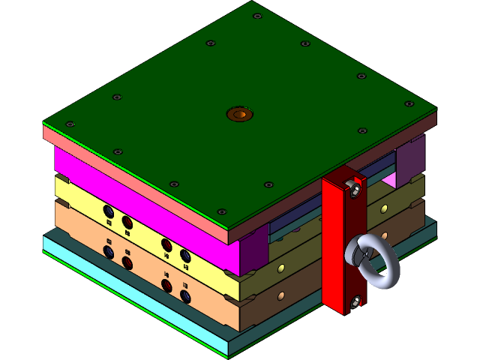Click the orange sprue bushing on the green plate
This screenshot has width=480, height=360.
(240, 114)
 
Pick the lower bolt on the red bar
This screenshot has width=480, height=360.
(355, 301)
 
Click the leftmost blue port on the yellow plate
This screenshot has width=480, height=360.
(109, 211)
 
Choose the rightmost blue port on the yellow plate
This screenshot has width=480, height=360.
(185, 256)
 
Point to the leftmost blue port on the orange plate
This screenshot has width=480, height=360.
(109, 252)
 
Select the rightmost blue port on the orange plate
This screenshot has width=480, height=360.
(185, 297)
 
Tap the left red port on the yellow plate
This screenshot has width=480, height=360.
(127, 222)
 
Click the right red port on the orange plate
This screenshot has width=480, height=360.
(166, 286)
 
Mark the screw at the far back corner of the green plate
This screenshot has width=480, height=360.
(257, 16)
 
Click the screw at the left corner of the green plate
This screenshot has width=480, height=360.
(70, 124)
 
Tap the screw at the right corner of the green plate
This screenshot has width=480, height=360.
(409, 103)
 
